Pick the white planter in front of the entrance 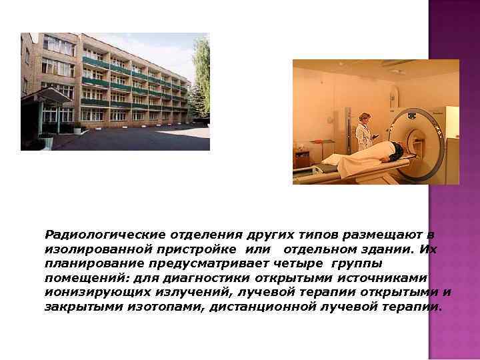point(47,141)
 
